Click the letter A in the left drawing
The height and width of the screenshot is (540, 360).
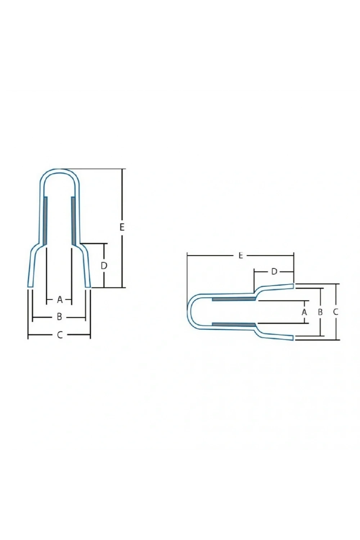coord(60,300)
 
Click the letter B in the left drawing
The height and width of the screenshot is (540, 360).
coord(59,317)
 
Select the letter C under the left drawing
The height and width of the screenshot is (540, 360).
coord(60,335)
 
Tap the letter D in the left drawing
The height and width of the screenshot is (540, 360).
coord(104,266)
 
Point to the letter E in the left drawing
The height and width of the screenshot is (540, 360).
coord(122,227)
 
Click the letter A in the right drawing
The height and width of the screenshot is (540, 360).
coord(304,312)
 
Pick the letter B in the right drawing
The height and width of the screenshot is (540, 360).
coord(320,312)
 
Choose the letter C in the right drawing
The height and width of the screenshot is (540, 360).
coord(336,312)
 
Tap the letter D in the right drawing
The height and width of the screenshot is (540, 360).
coord(274,272)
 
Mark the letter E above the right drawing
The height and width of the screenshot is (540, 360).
coord(240,256)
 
